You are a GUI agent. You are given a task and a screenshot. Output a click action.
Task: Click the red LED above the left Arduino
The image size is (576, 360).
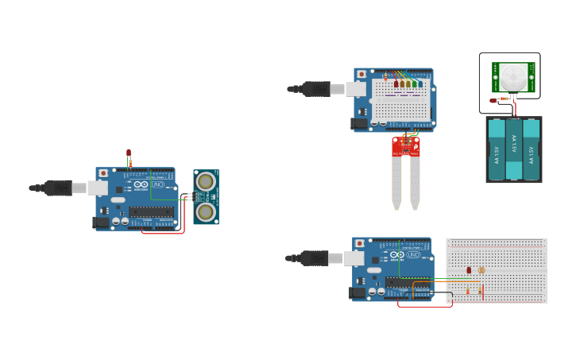129,153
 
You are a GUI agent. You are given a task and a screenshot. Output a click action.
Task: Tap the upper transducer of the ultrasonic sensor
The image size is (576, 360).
206,181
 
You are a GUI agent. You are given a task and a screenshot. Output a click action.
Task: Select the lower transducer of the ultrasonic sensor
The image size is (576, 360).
206,211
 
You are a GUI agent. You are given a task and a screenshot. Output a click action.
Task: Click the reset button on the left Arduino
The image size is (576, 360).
102,172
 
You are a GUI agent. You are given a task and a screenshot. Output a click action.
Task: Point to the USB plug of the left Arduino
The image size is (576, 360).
60,188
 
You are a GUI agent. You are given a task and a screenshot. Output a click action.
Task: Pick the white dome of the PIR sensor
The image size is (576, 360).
512,77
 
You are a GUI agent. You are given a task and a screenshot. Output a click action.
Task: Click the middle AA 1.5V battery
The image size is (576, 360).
514,149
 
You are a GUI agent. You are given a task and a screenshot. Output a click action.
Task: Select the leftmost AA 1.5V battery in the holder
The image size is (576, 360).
497,149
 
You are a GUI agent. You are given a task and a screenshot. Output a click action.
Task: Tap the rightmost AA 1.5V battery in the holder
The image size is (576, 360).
532,149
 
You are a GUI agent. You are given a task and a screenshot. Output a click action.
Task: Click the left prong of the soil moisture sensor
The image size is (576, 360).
396,183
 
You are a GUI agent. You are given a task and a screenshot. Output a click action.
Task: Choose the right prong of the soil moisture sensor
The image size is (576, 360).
415,183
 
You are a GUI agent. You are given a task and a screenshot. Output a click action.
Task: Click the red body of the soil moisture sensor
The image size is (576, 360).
405,145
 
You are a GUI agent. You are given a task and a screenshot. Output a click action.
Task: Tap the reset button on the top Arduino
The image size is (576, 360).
361,74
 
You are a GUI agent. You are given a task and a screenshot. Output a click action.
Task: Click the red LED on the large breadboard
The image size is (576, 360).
469,270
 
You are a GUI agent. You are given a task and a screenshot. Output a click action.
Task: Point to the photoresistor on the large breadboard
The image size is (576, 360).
481,270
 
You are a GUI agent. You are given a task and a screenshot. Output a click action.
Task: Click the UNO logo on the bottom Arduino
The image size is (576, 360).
414,254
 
